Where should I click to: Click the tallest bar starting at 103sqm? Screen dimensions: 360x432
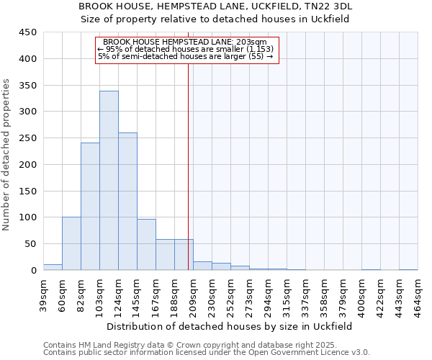coord(109,180)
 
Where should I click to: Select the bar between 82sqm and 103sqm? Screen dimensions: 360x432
coord(90,206)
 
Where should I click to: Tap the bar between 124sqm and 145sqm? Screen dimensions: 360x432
coord(127,202)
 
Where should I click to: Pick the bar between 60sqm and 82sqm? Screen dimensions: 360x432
coord(71,243)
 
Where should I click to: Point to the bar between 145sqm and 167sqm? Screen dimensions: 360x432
coord(146,245)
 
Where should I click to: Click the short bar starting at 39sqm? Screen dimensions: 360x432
coord(53,267)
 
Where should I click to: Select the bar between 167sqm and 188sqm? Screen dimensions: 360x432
coord(165,255)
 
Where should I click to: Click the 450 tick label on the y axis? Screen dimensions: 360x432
coord(27,32)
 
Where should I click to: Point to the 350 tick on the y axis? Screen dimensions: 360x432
coord(27,86)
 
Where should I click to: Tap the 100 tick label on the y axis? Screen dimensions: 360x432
coord(27,217)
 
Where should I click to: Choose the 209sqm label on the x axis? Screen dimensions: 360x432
coord(193,292)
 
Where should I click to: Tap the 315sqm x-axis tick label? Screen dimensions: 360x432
coord(287,292)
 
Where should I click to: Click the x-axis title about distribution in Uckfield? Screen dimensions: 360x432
coord(229,326)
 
